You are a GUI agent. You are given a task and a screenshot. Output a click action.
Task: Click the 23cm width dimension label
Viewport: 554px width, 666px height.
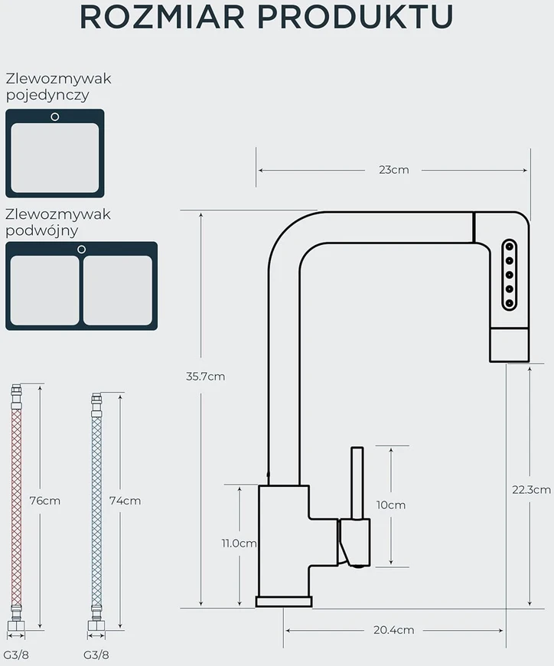click(x=393, y=170)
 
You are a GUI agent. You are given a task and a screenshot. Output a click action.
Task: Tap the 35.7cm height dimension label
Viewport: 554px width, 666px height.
click(x=206, y=377)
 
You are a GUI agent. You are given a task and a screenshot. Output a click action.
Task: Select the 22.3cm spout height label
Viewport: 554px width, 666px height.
click(x=532, y=490)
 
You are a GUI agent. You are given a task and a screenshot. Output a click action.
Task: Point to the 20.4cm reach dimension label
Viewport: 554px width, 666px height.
click(x=393, y=630)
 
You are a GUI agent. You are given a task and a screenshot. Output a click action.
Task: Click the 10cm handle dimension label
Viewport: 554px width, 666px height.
click(x=390, y=505)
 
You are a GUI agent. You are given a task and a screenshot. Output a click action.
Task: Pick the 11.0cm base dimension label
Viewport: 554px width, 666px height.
click(x=239, y=544)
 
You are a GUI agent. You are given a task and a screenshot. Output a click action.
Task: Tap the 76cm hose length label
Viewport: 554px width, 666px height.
click(x=45, y=501)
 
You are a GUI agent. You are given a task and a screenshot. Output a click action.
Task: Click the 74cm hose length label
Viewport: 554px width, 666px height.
click(x=125, y=501)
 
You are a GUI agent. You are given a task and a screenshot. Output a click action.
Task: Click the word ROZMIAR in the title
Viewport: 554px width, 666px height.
click(x=161, y=17)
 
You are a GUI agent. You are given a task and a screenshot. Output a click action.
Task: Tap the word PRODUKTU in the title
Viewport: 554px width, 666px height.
click(x=355, y=17)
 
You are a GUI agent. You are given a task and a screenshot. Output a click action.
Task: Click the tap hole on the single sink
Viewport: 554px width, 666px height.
click(x=55, y=117)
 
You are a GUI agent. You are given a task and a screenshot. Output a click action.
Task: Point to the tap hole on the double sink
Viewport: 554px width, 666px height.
click(x=82, y=250)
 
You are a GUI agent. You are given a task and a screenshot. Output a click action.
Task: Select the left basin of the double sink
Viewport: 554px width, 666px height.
click(x=44, y=290)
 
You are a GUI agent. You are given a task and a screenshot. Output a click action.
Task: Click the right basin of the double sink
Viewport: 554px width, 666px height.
click(x=118, y=290)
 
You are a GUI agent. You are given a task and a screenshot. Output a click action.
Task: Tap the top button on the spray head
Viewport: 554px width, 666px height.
click(x=510, y=246)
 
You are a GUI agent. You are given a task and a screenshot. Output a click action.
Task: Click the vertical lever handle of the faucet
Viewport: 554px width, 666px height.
click(x=357, y=483)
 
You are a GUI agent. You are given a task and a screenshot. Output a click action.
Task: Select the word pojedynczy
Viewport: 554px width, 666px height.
click(x=47, y=96)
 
